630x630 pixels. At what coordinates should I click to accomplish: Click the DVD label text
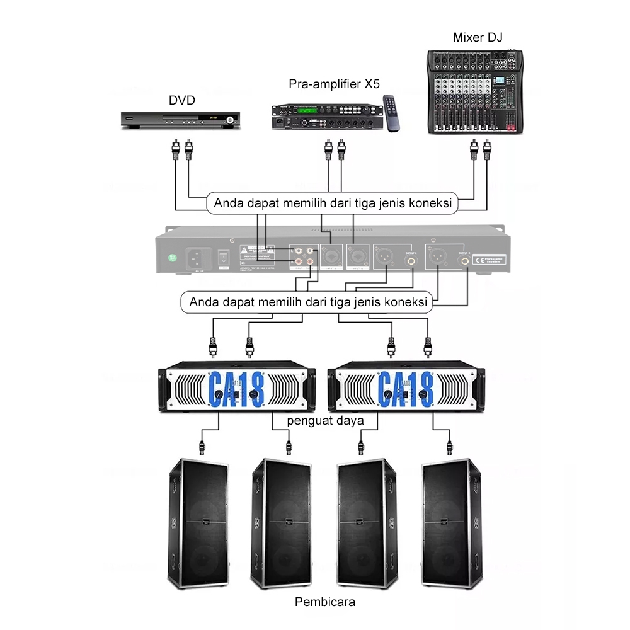tap(182, 100)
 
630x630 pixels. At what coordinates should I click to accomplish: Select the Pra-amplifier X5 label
tap(335, 84)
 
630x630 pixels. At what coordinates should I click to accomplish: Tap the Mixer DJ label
tap(478, 37)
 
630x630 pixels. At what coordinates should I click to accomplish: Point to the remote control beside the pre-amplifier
tap(393, 113)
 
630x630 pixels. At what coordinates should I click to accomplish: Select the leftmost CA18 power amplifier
tap(236, 389)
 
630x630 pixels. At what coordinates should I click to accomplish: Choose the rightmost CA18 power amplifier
tap(406, 389)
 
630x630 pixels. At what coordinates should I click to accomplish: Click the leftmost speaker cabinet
tap(198, 523)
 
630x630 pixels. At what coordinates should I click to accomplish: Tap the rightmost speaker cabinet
tap(453, 523)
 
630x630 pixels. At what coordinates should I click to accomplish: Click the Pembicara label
tap(325, 602)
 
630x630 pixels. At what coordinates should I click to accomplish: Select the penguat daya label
tap(326, 420)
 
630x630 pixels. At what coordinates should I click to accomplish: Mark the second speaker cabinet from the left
tap(283, 523)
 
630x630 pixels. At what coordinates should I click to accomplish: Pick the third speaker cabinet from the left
tap(367, 523)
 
